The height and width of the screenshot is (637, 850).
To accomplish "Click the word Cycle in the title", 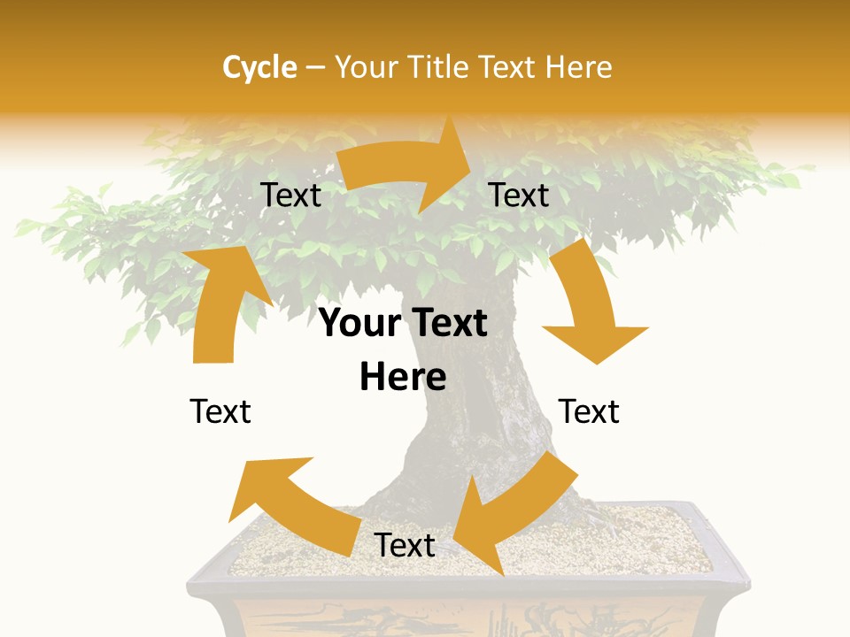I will [259, 67].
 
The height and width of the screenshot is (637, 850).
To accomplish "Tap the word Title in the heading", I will [439, 67].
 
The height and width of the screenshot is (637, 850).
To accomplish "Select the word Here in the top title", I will [579, 67].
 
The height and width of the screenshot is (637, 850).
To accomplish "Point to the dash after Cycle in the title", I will [315, 67].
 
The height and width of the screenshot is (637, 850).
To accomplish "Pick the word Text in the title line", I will [507, 67].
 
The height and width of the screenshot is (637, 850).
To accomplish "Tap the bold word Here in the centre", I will [403, 378].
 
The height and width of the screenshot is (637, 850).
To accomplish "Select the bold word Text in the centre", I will [449, 323].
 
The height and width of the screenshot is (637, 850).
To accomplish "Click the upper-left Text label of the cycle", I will [290, 196].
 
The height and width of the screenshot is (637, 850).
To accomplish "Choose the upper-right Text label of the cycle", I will [519, 196].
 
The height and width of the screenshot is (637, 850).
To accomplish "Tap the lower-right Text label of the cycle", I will [589, 411].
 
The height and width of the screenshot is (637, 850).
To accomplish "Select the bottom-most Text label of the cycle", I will [405, 546].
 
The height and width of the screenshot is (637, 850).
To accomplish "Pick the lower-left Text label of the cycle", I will [220, 411].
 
